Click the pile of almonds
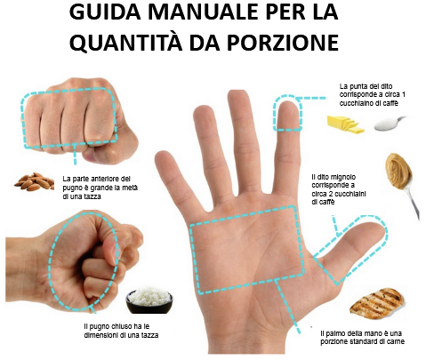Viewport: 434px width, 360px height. point(34,181)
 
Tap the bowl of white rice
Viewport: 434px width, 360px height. point(149,300)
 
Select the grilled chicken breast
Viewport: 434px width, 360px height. point(377,303)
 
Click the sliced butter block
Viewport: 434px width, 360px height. point(345,124)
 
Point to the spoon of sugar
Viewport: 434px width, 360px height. point(390,124)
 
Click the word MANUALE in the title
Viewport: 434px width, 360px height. point(204,12)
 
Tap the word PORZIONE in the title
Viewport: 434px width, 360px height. point(283,43)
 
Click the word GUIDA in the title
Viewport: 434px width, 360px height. point(105,12)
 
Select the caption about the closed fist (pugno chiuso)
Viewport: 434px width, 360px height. point(121,331)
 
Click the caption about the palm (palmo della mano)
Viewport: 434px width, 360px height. point(362,337)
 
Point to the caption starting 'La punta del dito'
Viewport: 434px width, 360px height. point(373,94)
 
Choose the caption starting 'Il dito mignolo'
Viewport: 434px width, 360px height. point(339,189)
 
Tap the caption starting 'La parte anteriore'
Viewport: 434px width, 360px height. point(100,188)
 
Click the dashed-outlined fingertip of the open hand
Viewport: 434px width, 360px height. point(287,114)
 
